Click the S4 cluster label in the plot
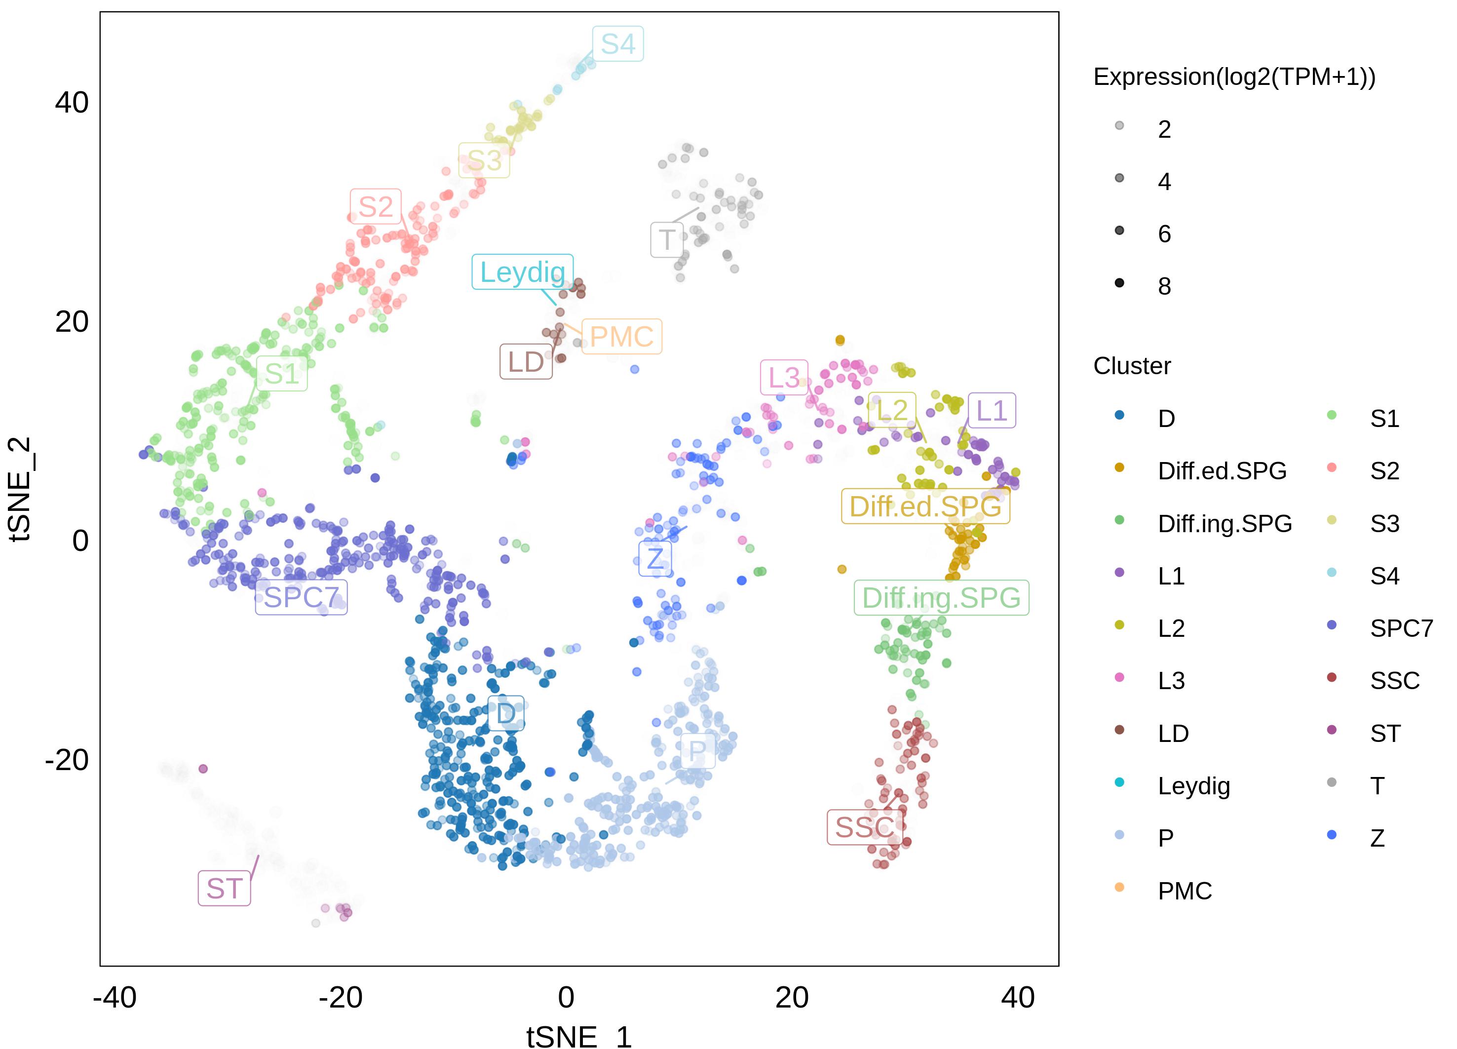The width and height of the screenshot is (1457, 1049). click(x=617, y=43)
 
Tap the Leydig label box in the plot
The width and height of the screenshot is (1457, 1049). click(x=522, y=272)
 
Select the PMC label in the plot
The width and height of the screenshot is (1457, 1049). click(x=621, y=336)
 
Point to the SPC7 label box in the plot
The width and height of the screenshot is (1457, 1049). click(x=301, y=597)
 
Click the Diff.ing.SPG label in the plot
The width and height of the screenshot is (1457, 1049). click(x=941, y=597)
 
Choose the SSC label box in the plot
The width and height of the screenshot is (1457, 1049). click(x=864, y=827)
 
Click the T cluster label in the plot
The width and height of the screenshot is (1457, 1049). click(x=666, y=239)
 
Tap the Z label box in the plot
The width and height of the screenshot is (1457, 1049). click(x=654, y=558)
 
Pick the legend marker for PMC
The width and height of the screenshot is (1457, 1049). click(x=1119, y=888)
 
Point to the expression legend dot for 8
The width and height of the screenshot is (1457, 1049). click(x=1119, y=283)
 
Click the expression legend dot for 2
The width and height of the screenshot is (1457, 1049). click(x=1119, y=126)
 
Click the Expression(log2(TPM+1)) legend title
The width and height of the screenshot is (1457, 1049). click(x=1234, y=77)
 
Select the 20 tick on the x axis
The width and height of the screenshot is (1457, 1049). click(x=792, y=998)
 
